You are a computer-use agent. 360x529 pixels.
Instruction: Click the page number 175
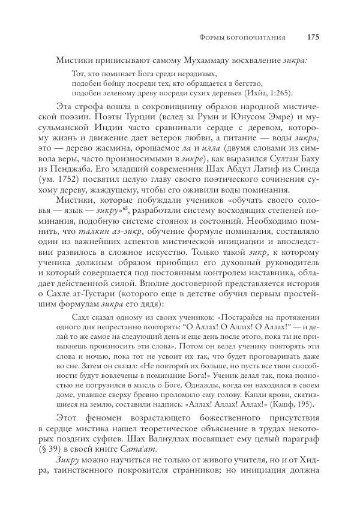point(313,37)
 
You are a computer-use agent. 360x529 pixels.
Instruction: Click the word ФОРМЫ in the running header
point(212,37)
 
